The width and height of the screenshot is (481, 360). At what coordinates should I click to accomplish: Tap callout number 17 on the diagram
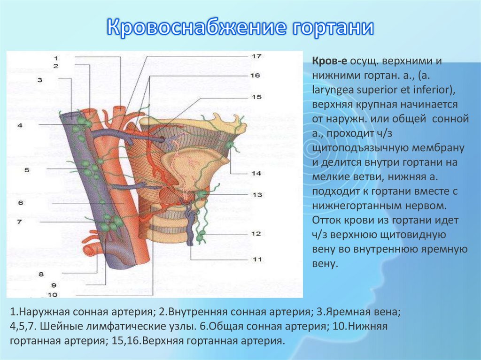click(x=256, y=56)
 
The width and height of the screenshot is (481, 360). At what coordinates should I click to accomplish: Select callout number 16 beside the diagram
click(x=255, y=75)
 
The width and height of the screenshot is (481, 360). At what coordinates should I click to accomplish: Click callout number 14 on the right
click(x=256, y=173)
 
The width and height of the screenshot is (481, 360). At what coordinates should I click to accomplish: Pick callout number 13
click(x=256, y=194)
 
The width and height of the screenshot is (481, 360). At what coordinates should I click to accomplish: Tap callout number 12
click(x=256, y=233)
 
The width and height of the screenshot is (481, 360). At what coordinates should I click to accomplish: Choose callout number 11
click(x=256, y=259)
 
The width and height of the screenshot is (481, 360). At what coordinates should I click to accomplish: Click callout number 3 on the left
click(x=40, y=80)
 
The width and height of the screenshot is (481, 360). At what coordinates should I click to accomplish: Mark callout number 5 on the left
click(x=27, y=169)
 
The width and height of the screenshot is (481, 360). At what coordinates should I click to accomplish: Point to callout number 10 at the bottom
click(x=52, y=295)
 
